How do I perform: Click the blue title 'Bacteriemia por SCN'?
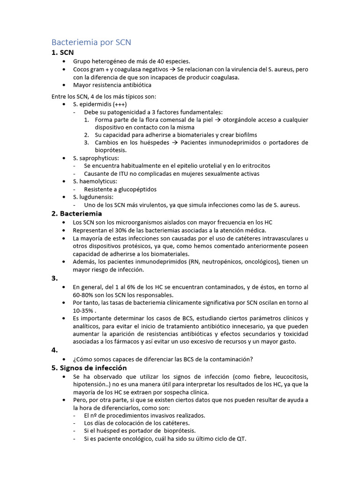click(x=91, y=42)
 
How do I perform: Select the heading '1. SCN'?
click(x=62, y=52)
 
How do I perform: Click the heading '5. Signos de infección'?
click(x=89, y=368)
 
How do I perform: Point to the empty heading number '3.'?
click(x=54, y=278)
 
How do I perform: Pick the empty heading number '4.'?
click(x=54, y=350)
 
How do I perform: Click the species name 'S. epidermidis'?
click(x=92, y=104)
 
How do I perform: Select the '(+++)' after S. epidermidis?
click(x=120, y=104)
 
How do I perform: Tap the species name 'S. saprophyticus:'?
click(x=96, y=158)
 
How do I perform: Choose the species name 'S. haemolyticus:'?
click(x=95, y=181)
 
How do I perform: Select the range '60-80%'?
click(x=82, y=295)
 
